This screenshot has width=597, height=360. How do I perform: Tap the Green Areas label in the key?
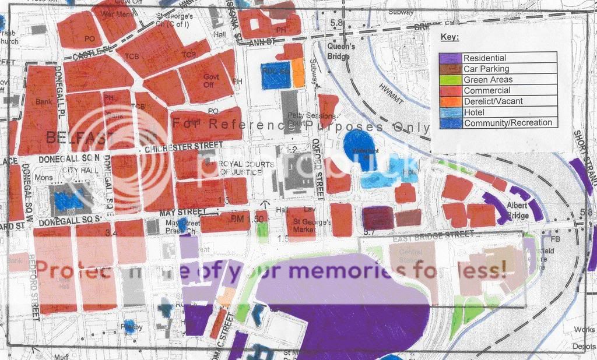488,80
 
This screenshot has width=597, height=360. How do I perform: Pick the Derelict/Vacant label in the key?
493,101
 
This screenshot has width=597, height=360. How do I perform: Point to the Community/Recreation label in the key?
507,123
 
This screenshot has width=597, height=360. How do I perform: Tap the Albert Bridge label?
517,211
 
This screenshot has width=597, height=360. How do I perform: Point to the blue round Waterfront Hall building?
357,147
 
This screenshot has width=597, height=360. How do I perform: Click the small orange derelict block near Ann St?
298,72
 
